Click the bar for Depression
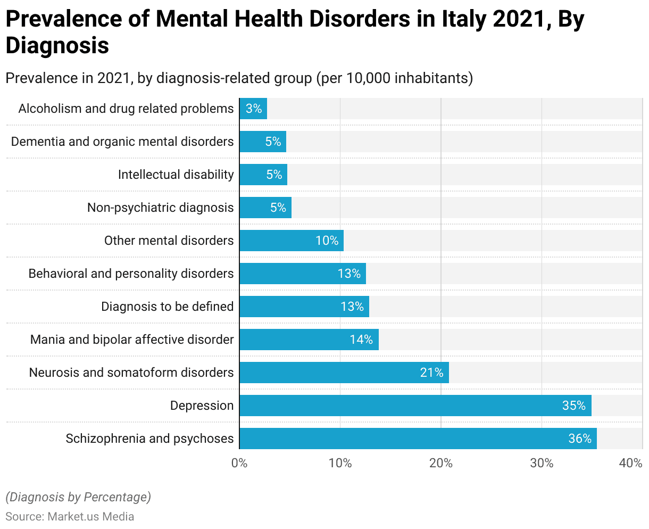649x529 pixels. (415, 406)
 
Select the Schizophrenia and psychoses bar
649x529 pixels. (418, 439)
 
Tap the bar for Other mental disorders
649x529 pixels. (292, 241)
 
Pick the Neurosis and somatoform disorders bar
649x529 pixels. (344, 373)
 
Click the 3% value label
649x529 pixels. (254, 109)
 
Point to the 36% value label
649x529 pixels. (580, 439)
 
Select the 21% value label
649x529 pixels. (431, 373)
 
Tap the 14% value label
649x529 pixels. (361, 340)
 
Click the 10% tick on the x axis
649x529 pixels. (340, 463)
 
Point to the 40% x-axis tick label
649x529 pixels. (631, 463)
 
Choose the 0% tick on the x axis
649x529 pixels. (239, 463)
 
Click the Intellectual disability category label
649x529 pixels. (176, 175)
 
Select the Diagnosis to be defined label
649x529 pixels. (167, 307)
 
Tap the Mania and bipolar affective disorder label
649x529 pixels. (132, 340)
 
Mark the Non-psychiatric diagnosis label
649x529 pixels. (160, 208)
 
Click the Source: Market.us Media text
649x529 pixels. (70, 516)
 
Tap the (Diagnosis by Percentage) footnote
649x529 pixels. (78, 497)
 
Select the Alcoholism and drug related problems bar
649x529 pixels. (253, 109)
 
